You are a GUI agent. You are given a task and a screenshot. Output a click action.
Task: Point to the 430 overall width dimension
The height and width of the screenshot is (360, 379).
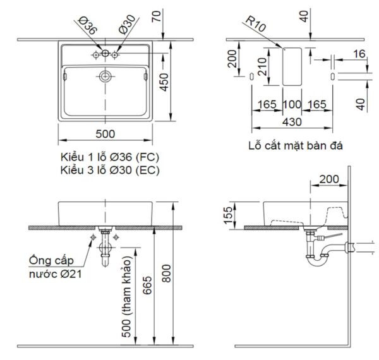291,121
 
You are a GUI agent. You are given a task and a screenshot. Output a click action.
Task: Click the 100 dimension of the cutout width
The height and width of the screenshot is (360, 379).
291,104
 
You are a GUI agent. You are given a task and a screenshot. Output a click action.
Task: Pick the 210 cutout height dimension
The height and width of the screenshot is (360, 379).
263,66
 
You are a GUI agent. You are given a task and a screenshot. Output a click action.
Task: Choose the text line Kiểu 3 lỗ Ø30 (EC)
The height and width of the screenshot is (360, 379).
109,169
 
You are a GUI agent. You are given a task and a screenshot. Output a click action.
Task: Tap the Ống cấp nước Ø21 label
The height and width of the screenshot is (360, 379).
56,267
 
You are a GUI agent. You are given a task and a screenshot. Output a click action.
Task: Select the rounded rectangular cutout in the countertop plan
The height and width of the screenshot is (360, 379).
291,66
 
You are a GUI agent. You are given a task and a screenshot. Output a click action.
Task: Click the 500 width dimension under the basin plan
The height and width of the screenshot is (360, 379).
105,135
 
